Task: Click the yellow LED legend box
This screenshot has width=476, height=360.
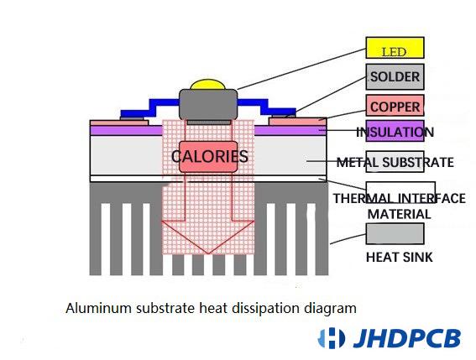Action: click(x=395, y=48)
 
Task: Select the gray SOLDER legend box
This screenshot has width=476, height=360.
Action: click(x=395, y=77)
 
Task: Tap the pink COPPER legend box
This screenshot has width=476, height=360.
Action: click(x=395, y=106)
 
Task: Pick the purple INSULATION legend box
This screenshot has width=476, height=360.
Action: click(x=395, y=131)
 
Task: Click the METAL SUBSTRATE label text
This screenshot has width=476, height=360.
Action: click(x=395, y=162)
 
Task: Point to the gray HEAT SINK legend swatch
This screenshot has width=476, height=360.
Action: click(x=395, y=234)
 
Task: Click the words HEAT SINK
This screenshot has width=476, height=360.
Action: click(x=400, y=258)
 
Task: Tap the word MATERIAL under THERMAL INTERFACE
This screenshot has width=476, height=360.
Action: click(x=400, y=214)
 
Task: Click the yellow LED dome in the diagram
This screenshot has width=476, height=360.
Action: click(x=208, y=85)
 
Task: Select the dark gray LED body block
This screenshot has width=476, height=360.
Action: click(x=208, y=104)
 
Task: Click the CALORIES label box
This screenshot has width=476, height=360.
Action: click(x=208, y=157)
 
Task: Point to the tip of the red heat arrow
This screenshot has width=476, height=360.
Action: click(x=208, y=253)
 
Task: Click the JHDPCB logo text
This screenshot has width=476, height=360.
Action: click(x=407, y=338)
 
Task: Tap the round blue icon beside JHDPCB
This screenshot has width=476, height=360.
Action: click(x=332, y=338)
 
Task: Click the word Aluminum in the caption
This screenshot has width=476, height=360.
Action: click(x=99, y=309)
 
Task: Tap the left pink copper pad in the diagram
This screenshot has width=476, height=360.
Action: click(x=119, y=123)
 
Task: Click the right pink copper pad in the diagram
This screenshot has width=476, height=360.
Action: click(x=298, y=122)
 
